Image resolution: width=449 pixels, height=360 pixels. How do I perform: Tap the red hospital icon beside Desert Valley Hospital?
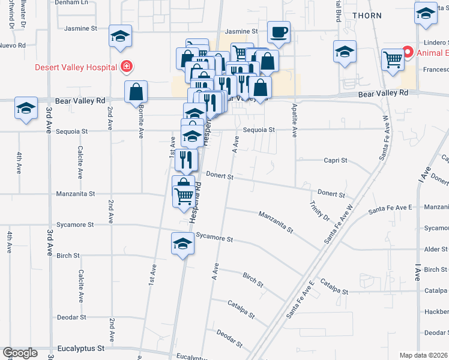pyautogui.click(x=127, y=66)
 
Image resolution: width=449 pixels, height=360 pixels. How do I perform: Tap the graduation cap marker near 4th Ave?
pyautogui.click(x=26, y=108)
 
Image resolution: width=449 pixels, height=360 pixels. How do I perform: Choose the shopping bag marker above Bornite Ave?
pyautogui.click(x=136, y=92)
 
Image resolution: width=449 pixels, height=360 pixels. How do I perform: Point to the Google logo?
pyautogui.click(x=20, y=353)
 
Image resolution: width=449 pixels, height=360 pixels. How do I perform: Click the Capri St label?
pyautogui.click(x=336, y=160)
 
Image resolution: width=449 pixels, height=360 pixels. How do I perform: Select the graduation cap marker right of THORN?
pyautogui.click(x=426, y=14)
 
